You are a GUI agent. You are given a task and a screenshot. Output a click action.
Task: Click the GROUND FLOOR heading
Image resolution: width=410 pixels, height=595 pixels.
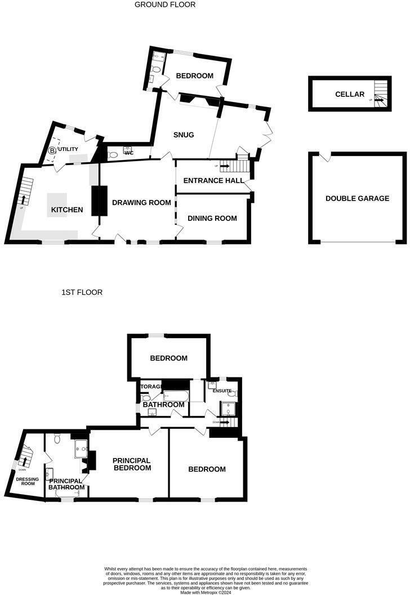click(x=165, y=5)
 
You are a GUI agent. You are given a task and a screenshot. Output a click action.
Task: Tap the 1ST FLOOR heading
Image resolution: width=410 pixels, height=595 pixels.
click(x=82, y=292)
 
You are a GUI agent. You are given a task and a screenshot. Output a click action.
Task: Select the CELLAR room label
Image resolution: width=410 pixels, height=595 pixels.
click(x=350, y=94)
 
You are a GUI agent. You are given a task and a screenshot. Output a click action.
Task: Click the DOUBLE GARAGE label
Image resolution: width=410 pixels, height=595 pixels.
click(x=357, y=198)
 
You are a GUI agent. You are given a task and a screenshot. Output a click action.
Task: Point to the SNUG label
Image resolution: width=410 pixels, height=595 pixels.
click(x=184, y=135)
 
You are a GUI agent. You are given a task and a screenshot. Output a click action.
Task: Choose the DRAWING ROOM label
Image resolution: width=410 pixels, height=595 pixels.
click(x=141, y=202)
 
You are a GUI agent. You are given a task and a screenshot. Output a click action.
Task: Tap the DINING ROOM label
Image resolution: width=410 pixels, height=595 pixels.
click(x=212, y=218)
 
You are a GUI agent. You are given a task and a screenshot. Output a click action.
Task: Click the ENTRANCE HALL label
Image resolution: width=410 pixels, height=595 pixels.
click(x=213, y=181)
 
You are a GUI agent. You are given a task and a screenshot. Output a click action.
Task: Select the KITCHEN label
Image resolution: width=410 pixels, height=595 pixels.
click(x=67, y=210)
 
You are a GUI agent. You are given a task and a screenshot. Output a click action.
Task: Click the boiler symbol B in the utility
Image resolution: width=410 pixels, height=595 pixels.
click(x=52, y=150)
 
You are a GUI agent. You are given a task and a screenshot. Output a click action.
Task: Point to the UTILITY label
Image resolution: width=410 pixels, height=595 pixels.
click(x=73, y=149)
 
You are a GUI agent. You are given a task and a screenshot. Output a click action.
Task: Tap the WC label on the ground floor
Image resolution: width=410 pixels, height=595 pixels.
click(x=128, y=153)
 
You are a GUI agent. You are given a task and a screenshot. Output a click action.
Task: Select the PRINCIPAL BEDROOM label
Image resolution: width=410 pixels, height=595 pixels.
click(x=132, y=464)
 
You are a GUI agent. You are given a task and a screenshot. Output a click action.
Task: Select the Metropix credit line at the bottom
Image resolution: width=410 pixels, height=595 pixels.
click(x=205, y=592)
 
